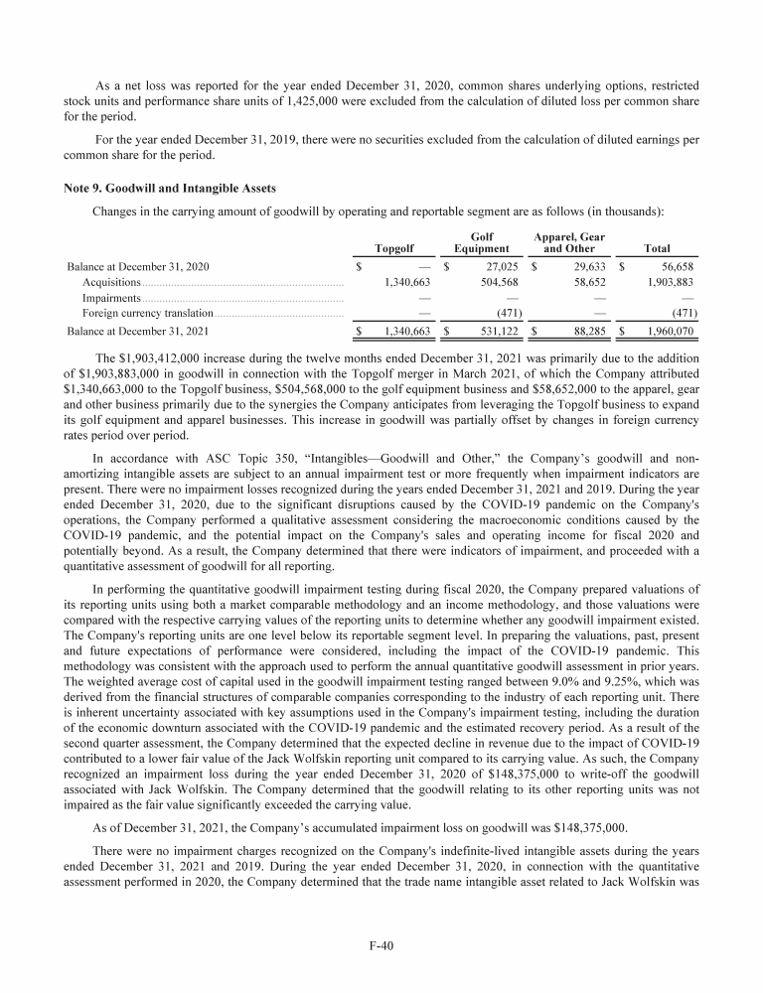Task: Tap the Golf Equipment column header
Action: [481, 242]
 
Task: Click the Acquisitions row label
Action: [111, 282]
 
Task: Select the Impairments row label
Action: [111, 298]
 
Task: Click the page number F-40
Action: [381, 946]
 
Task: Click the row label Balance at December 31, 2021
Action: [137, 332]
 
